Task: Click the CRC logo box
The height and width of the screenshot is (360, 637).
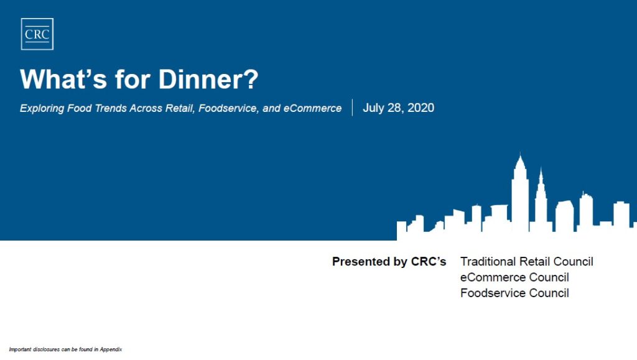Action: pyautogui.click(x=37, y=34)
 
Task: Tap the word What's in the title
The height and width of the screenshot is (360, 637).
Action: pyautogui.click(x=63, y=79)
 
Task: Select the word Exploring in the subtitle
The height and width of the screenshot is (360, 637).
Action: pyautogui.click(x=42, y=109)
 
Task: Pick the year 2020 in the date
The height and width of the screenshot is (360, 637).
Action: pyautogui.click(x=421, y=108)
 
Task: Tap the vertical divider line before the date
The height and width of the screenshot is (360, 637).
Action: pyautogui.click(x=352, y=108)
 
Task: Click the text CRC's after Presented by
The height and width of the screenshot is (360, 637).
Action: pyautogui.click(x=429, y=261)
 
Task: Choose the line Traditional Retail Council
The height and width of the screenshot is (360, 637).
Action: pyautogui.click(x=526, y=261)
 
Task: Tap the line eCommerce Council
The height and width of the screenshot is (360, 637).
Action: pyautogui.click(x=514, y=277)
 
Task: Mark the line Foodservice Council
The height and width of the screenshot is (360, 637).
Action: pyautogui.click(x=514, y=293)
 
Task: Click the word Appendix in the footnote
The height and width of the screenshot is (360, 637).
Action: pyautogui.click(x=111, y=349)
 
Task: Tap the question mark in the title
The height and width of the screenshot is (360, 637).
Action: pyautogui.click(x=251, y=79)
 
